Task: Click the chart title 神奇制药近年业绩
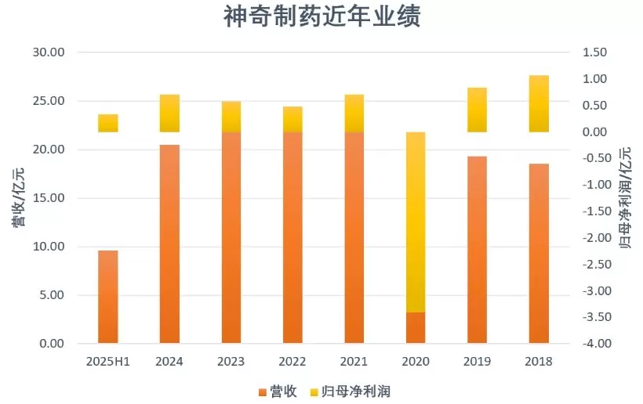click(x=321, y=18)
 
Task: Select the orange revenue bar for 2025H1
click(x=108, y=298)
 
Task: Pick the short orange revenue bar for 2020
click(x=416, y=328)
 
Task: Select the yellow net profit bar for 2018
click(x=539, y=103)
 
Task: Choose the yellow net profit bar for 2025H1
click(x=108, y=123)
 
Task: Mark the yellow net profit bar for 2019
click(x=477, y=110)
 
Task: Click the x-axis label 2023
click(x=231, y=362)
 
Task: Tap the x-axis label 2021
click(x=354, y=362)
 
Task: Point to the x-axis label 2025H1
click(x=108, y=362)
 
